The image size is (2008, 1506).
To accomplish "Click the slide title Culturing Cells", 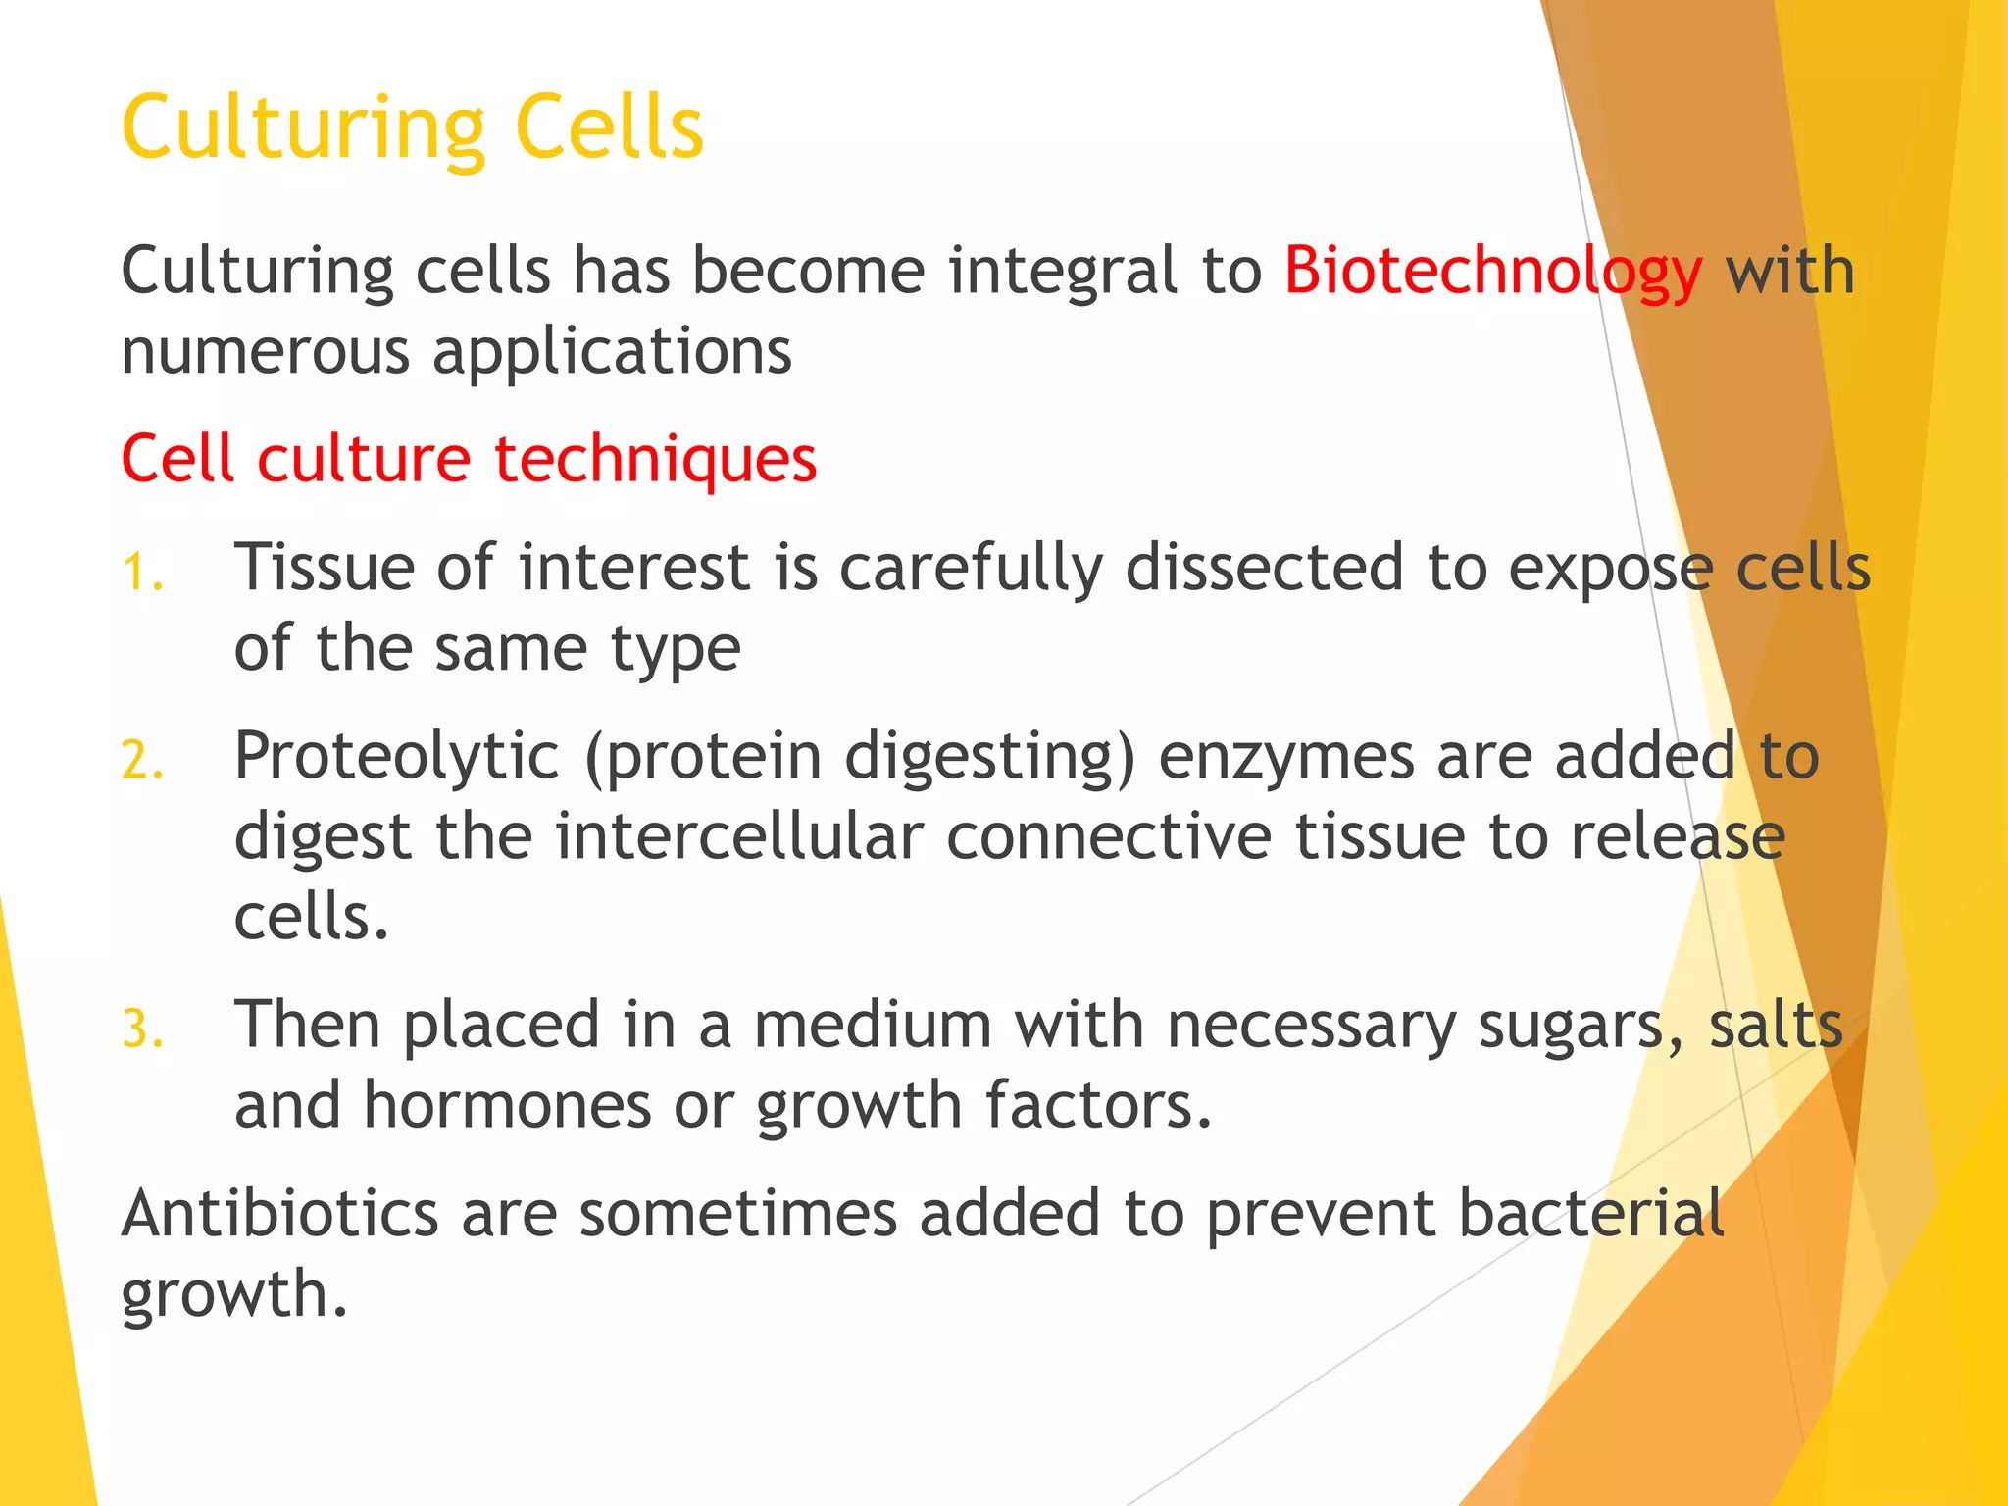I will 413,127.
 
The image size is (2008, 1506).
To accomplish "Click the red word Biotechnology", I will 1492,271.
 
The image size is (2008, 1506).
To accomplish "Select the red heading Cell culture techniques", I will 469,459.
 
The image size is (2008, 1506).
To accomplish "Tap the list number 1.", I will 142,572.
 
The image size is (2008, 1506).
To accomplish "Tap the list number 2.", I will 142,761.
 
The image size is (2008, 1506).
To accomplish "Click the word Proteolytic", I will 396,757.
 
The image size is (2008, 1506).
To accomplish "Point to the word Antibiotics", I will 279,1214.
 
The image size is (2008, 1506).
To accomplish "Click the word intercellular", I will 739,837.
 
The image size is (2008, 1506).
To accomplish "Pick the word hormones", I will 507,1106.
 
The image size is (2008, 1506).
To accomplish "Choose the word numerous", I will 265,351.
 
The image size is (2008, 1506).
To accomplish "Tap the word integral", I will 1063,271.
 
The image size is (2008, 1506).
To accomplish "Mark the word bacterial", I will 1591,1214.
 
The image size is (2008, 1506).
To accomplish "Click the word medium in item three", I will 873,1026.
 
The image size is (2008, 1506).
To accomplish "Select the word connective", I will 1109,837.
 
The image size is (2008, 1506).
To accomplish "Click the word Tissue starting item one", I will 324,568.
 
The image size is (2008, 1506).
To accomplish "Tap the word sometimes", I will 737,1214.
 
